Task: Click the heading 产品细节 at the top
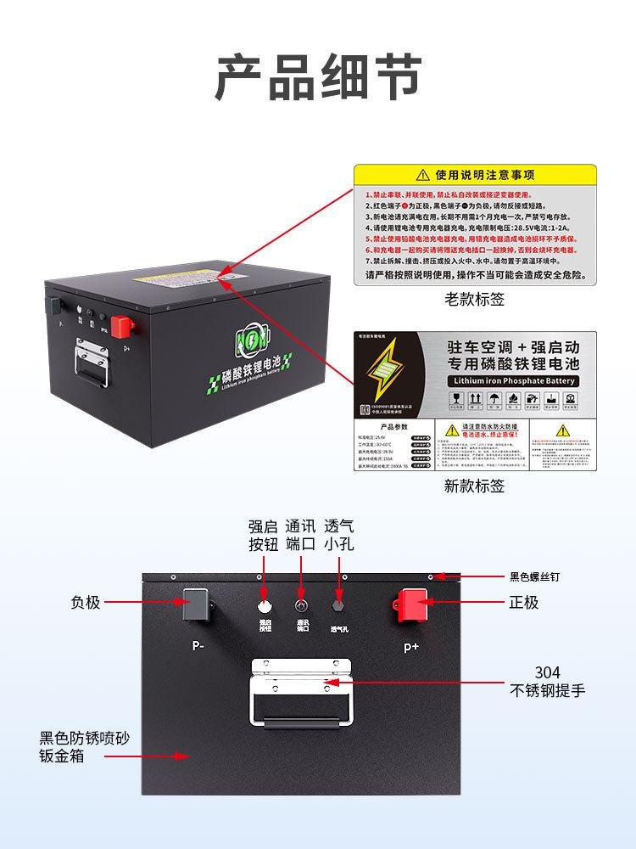tap(317, 79)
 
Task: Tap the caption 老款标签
tap(474, 300)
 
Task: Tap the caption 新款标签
tap(474, 486)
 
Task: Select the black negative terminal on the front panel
tap(197, 604)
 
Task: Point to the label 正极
tap(524, 603)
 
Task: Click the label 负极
tap(86, 603)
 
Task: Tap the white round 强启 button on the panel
tap(265, 606)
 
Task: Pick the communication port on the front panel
tap(301, 606)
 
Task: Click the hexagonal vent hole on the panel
tap(340, 606)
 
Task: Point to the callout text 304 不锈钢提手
tap(547, 681)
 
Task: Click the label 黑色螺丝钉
tap(533, 577)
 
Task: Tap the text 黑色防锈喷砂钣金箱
tap(85, 746)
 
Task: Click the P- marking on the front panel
tap(198, 644)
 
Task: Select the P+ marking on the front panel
tap(411, 646)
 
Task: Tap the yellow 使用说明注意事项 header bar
tap(474, 176)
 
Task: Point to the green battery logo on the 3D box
tap(249, 342)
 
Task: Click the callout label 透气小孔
tap(339, 535)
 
